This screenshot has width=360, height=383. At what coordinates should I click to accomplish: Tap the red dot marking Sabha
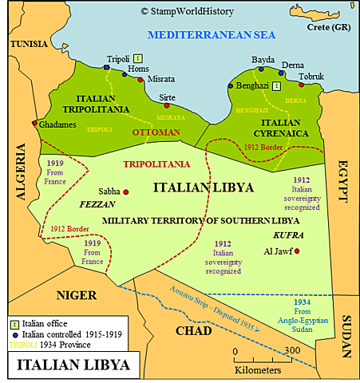(x=126, y=191)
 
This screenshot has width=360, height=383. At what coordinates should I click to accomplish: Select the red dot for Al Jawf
(x=298, y=251)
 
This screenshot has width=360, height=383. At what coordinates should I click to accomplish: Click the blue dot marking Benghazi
(x=231, y=85)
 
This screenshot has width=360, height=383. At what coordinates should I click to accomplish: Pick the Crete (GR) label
(x=330, y=26)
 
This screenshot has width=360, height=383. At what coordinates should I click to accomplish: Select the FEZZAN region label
(x=99, y=204)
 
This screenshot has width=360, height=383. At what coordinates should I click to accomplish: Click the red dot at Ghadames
(x=34, y=124)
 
